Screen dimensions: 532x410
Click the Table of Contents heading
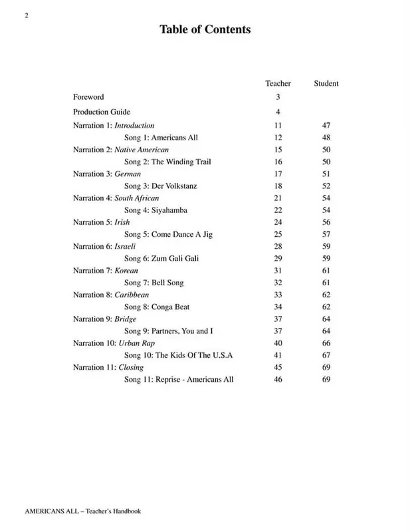pos(204,29)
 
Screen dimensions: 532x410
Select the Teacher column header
pos(278,83)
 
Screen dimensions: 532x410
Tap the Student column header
pos(326,83)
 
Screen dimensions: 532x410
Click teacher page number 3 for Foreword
pos(278,97)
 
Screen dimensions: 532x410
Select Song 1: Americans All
pos(161,138)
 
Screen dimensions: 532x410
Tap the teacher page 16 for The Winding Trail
pos(278,162)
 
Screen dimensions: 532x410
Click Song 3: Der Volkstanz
pos(161,186)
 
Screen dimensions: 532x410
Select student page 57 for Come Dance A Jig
pos(326,235)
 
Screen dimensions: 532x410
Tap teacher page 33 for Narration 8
pos(278,295)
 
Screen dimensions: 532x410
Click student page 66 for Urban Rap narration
pos(326,343)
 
